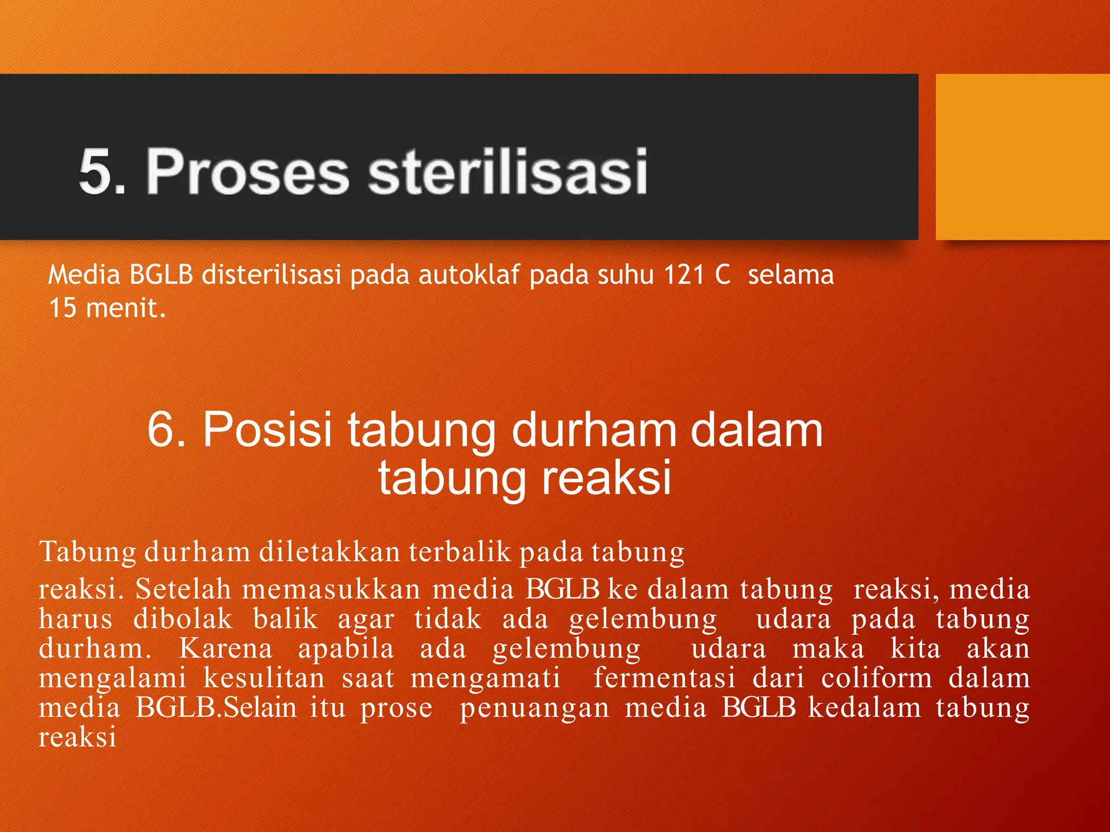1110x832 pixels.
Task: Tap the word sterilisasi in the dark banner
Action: coord(508,171)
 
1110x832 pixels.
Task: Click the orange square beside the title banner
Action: coord(1022,157)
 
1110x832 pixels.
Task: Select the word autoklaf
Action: coord(469,275)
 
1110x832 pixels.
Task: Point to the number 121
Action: coord(683,275)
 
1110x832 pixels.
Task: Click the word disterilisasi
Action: coord(272,275)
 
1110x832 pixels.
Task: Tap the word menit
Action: coord(126,308)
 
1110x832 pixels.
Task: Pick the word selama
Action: coord(791,275)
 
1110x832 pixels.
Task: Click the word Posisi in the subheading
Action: coord(267,429)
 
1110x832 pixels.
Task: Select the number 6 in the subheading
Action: coord(164,429)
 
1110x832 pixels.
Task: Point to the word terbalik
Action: coord(460,552)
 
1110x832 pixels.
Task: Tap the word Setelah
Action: coord(183,589)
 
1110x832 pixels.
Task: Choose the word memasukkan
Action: coord(331,589)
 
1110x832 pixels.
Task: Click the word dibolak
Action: coord(183,619)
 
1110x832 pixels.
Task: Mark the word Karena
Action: coord(225,648)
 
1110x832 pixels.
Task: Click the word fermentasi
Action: coord(664,678)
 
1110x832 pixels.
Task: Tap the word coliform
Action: coord(876,678)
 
